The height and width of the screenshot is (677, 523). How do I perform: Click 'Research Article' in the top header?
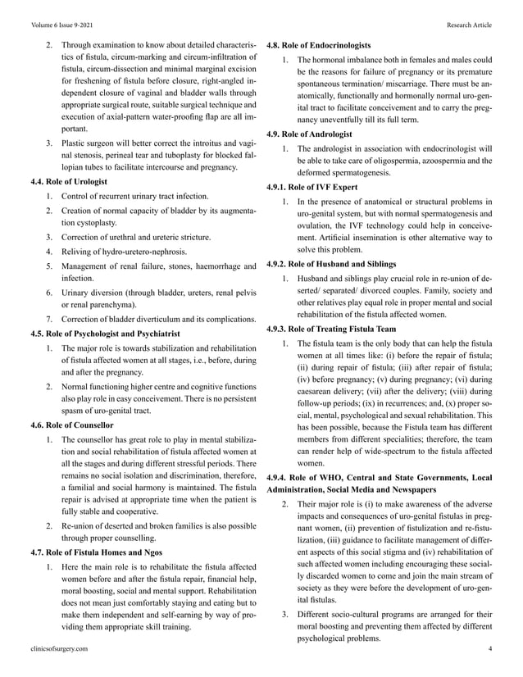click(469, 25)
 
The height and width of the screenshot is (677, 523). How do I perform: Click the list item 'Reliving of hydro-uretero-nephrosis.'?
click(124, 251)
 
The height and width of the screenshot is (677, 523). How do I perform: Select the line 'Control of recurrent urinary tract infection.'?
click(135, 197)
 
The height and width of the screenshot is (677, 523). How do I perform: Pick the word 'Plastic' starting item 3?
click(74, 143)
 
